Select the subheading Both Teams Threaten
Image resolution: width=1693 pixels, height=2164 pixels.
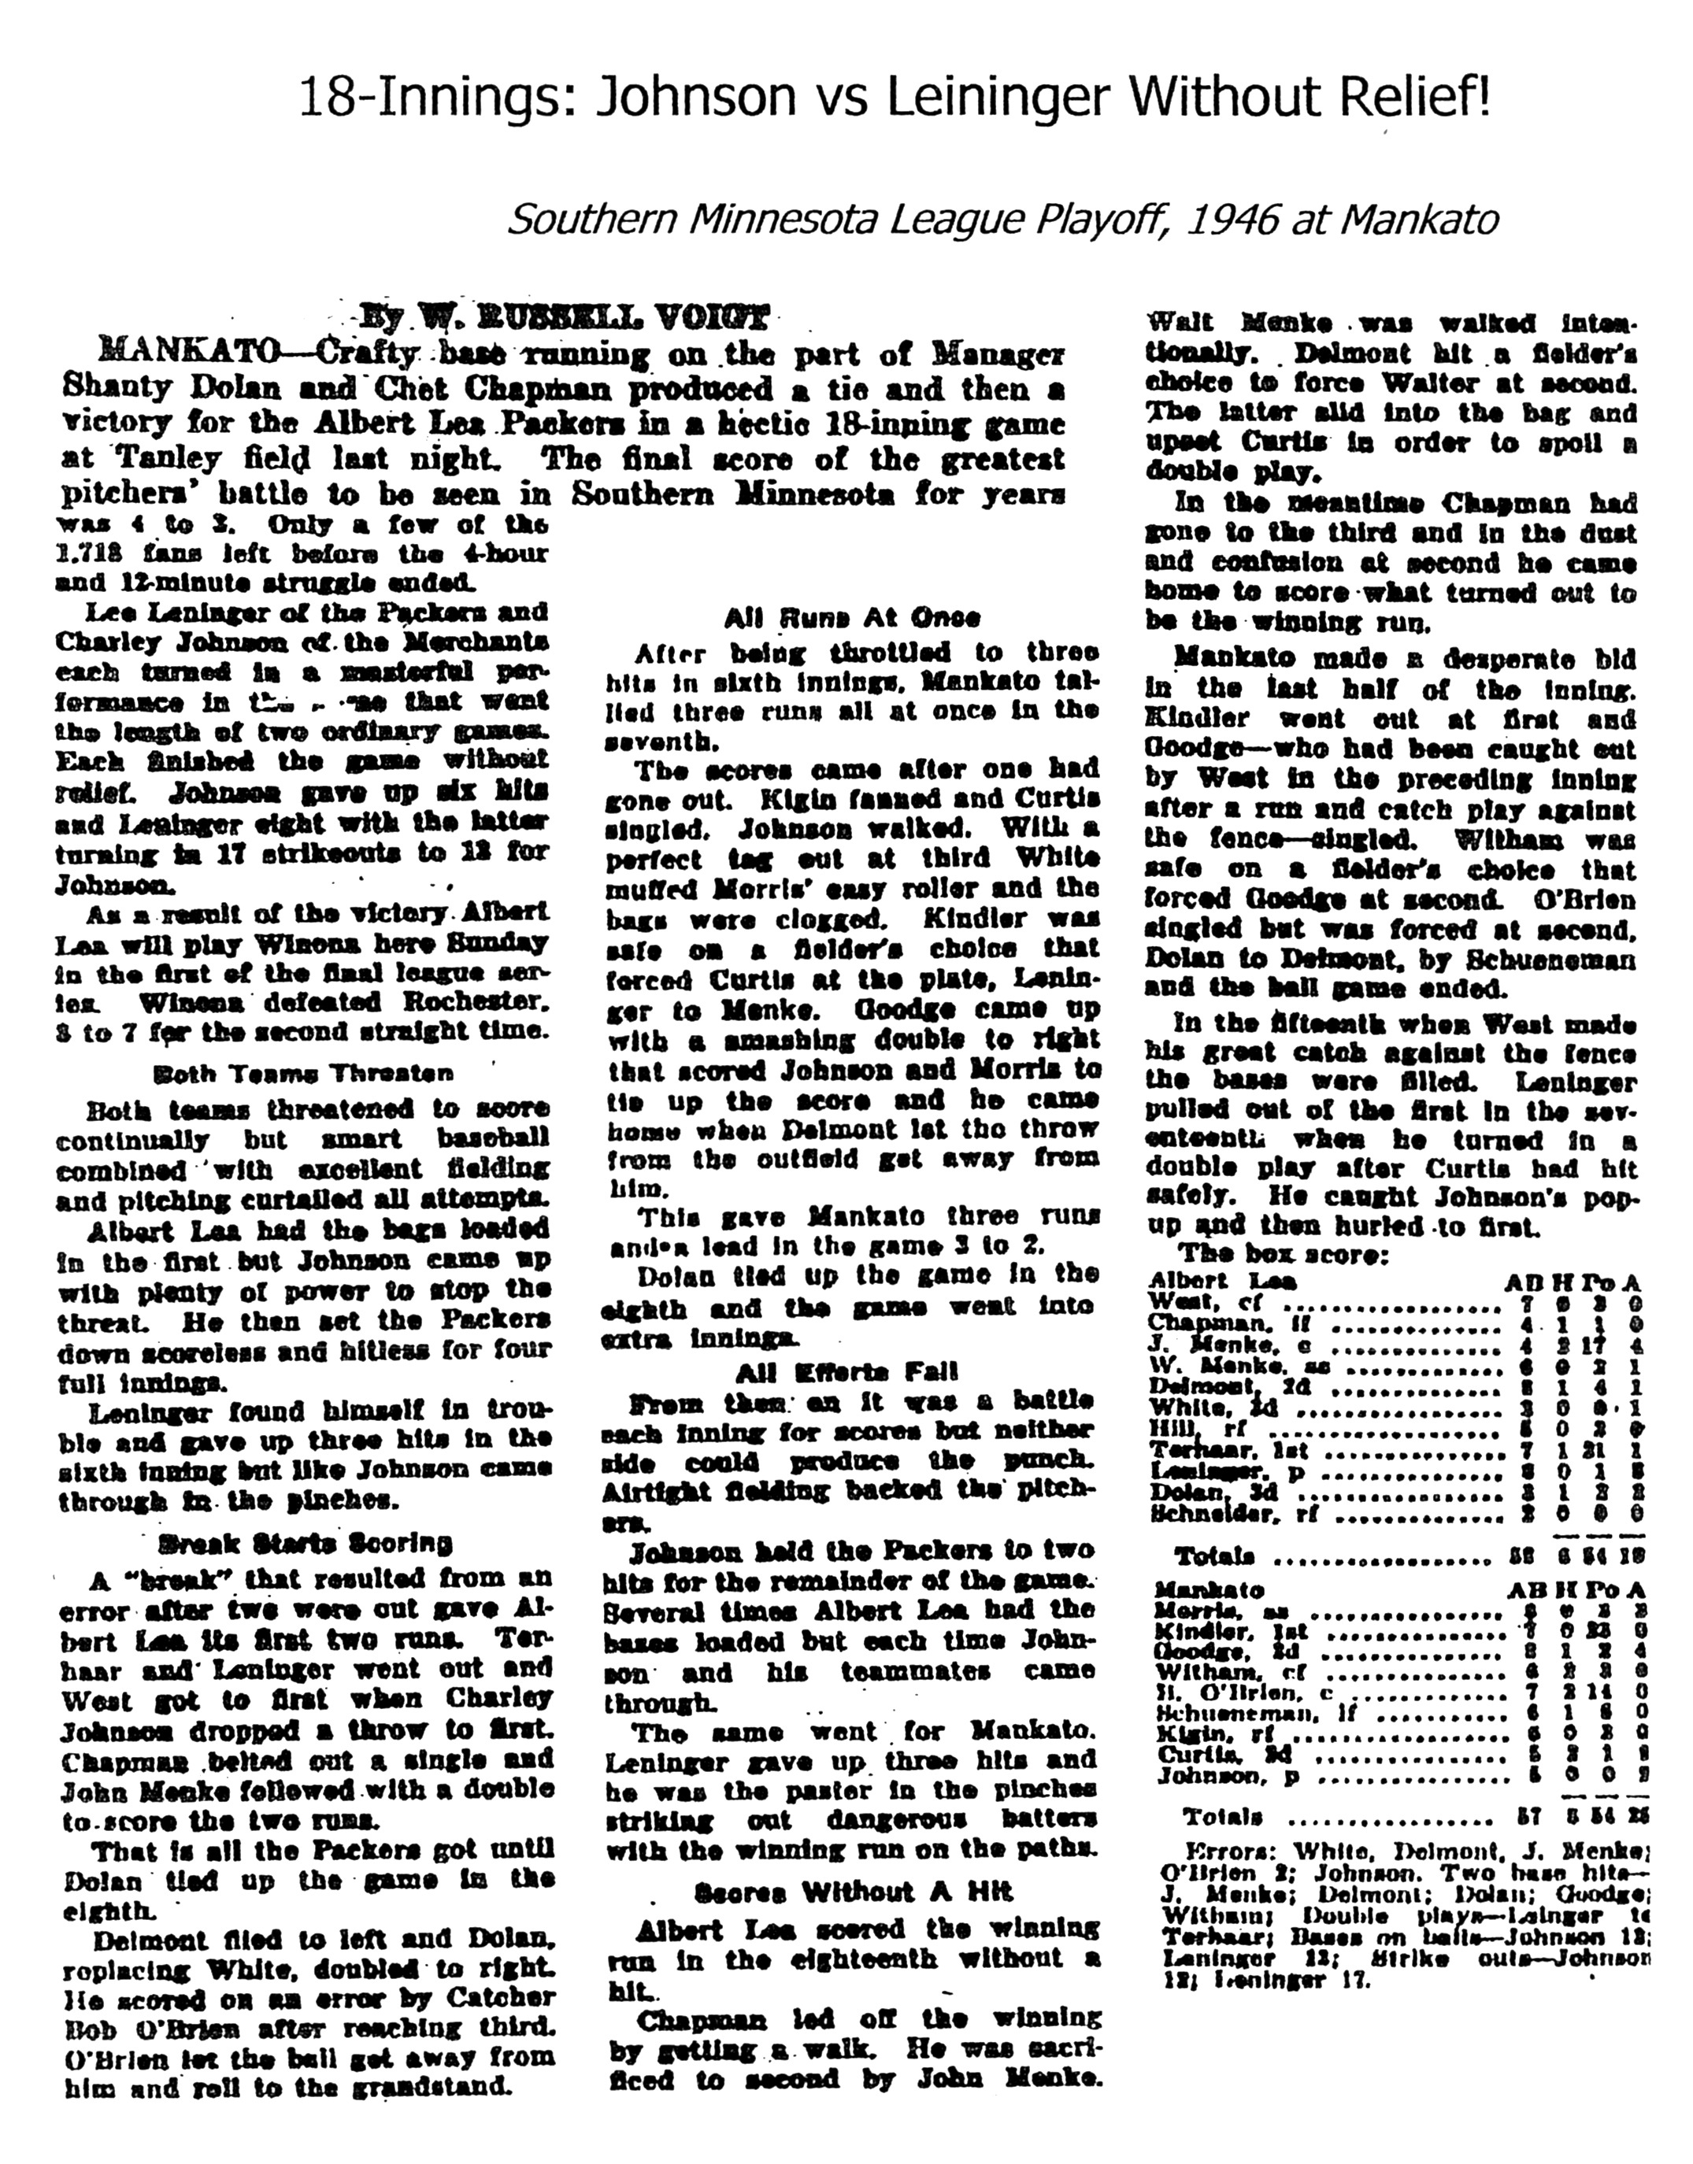(x=304, y=1073)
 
